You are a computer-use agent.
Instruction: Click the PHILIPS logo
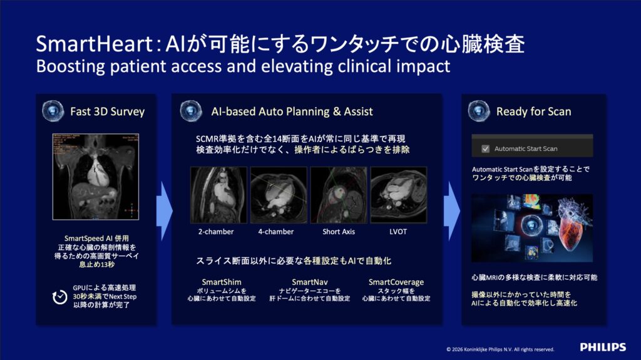(x=603, y=347)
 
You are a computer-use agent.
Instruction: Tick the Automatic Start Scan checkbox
(x=485, y=149)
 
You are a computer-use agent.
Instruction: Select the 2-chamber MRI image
(x=218, y=195)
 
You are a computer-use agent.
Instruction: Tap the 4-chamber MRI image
(x=279, y=195)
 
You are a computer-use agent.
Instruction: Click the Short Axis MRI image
(x=339, y=195)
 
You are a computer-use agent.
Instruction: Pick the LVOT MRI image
(x=399, y=195)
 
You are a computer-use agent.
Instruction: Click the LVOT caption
(x=398, y=232)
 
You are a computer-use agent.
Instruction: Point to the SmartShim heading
(x=222, y=282)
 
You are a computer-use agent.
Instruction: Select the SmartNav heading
(x=310, y=282)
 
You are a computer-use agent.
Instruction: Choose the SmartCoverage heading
(x=396, y=282)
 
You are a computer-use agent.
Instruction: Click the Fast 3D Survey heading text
(x=108, y=111)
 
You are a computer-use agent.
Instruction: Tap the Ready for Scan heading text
(x=533, y=111)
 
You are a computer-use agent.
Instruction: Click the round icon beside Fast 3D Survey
(x=53, y=111)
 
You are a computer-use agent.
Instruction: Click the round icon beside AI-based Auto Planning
(x=191, y=111)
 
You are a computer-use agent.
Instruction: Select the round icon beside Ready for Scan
(x=479, y=111)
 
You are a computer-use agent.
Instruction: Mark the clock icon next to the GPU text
(x=59, y=297)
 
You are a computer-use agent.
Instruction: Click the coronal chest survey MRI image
(x=96, y=177)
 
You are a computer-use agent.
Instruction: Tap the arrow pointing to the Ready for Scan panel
(x=452, y=211)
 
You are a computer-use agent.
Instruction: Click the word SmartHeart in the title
(x=95, y=44)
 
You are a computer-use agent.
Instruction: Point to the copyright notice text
(x=500, y=349)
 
